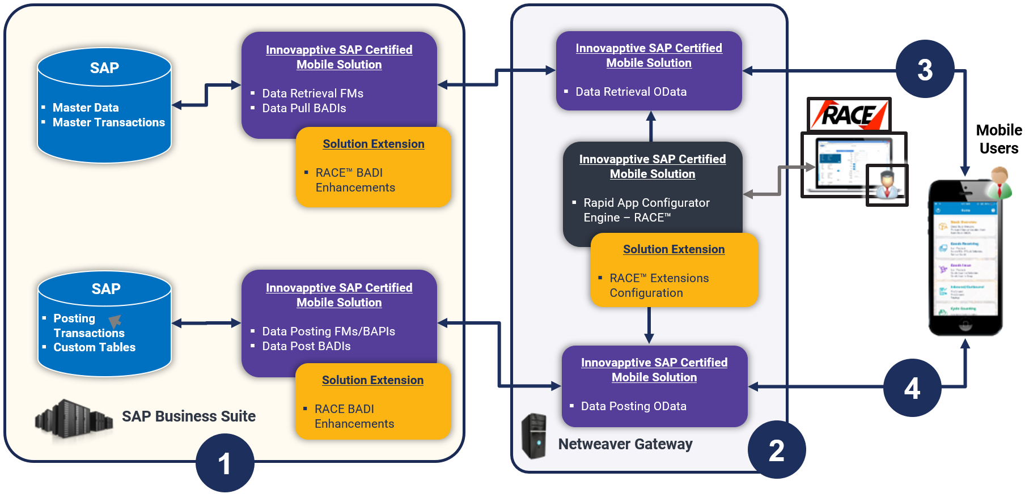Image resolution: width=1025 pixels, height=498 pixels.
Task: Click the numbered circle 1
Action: click(x=225, y=463)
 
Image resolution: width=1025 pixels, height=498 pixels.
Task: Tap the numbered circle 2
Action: click(x=776, y=450)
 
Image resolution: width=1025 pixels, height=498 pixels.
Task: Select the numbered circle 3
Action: click(x=925, y=69)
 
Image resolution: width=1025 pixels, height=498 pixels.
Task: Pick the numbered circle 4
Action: click(x=912, y=388)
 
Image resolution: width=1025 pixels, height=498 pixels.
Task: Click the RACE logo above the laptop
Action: click(x=848, y=114)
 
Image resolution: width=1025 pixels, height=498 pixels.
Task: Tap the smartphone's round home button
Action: click(x=965, y=326)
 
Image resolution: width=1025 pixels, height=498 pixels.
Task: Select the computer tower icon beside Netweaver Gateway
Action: click(x=533, y=436)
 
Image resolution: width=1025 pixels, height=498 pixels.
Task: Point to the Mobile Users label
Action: click(x=998, y=139)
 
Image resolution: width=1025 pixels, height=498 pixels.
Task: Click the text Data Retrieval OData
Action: click(x=630, y=92)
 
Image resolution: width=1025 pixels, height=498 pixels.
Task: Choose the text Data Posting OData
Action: click(x=633, y=406)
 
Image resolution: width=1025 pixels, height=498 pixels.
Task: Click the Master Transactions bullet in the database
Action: click(x=108, y=122)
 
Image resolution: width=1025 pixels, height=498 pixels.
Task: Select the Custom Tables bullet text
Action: click(x=94, y=347)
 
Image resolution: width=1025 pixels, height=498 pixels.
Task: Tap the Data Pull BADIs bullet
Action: click(x=304, y=108)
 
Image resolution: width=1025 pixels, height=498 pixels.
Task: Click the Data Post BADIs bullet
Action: click(x=306, y=346)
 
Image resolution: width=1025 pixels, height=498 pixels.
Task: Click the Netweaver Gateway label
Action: click(x=625, y=444)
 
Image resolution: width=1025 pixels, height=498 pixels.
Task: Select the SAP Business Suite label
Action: click(x=188, y=416)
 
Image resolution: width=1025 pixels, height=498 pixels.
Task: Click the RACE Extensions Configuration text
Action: click(x=659, y=286)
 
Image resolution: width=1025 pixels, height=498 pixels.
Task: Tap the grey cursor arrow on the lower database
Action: click(x=115, y=321)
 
